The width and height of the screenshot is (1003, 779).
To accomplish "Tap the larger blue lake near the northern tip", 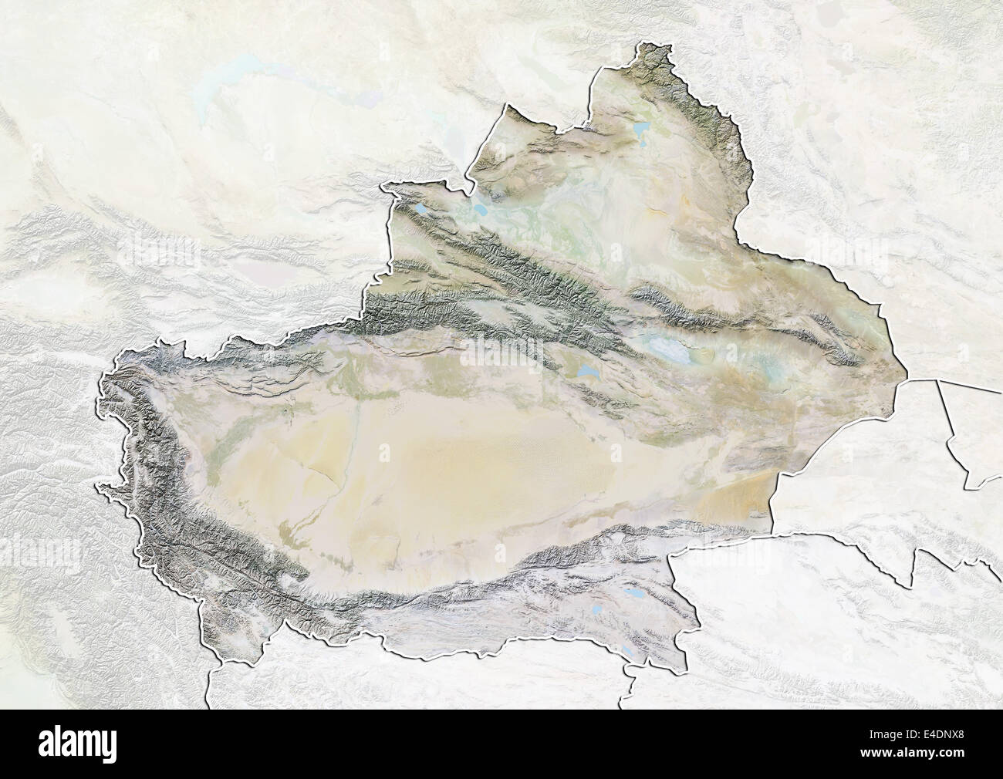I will coord(640,128).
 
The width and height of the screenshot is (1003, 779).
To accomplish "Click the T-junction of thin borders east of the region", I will coord(938,380).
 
